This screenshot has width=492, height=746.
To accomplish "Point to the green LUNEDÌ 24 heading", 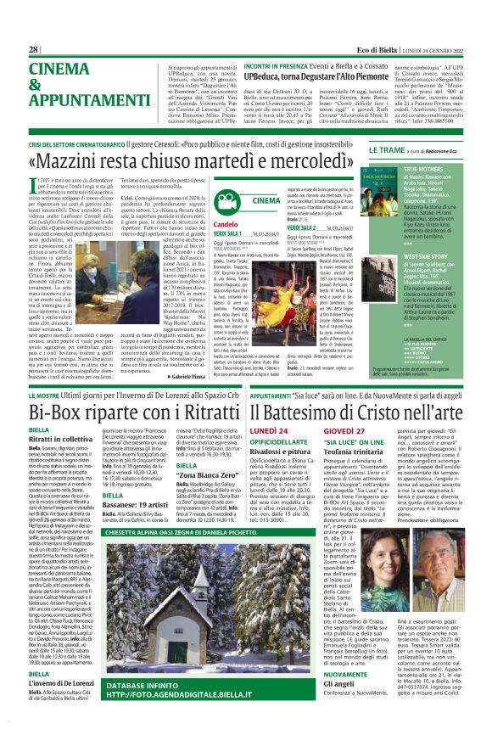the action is [275, 431].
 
